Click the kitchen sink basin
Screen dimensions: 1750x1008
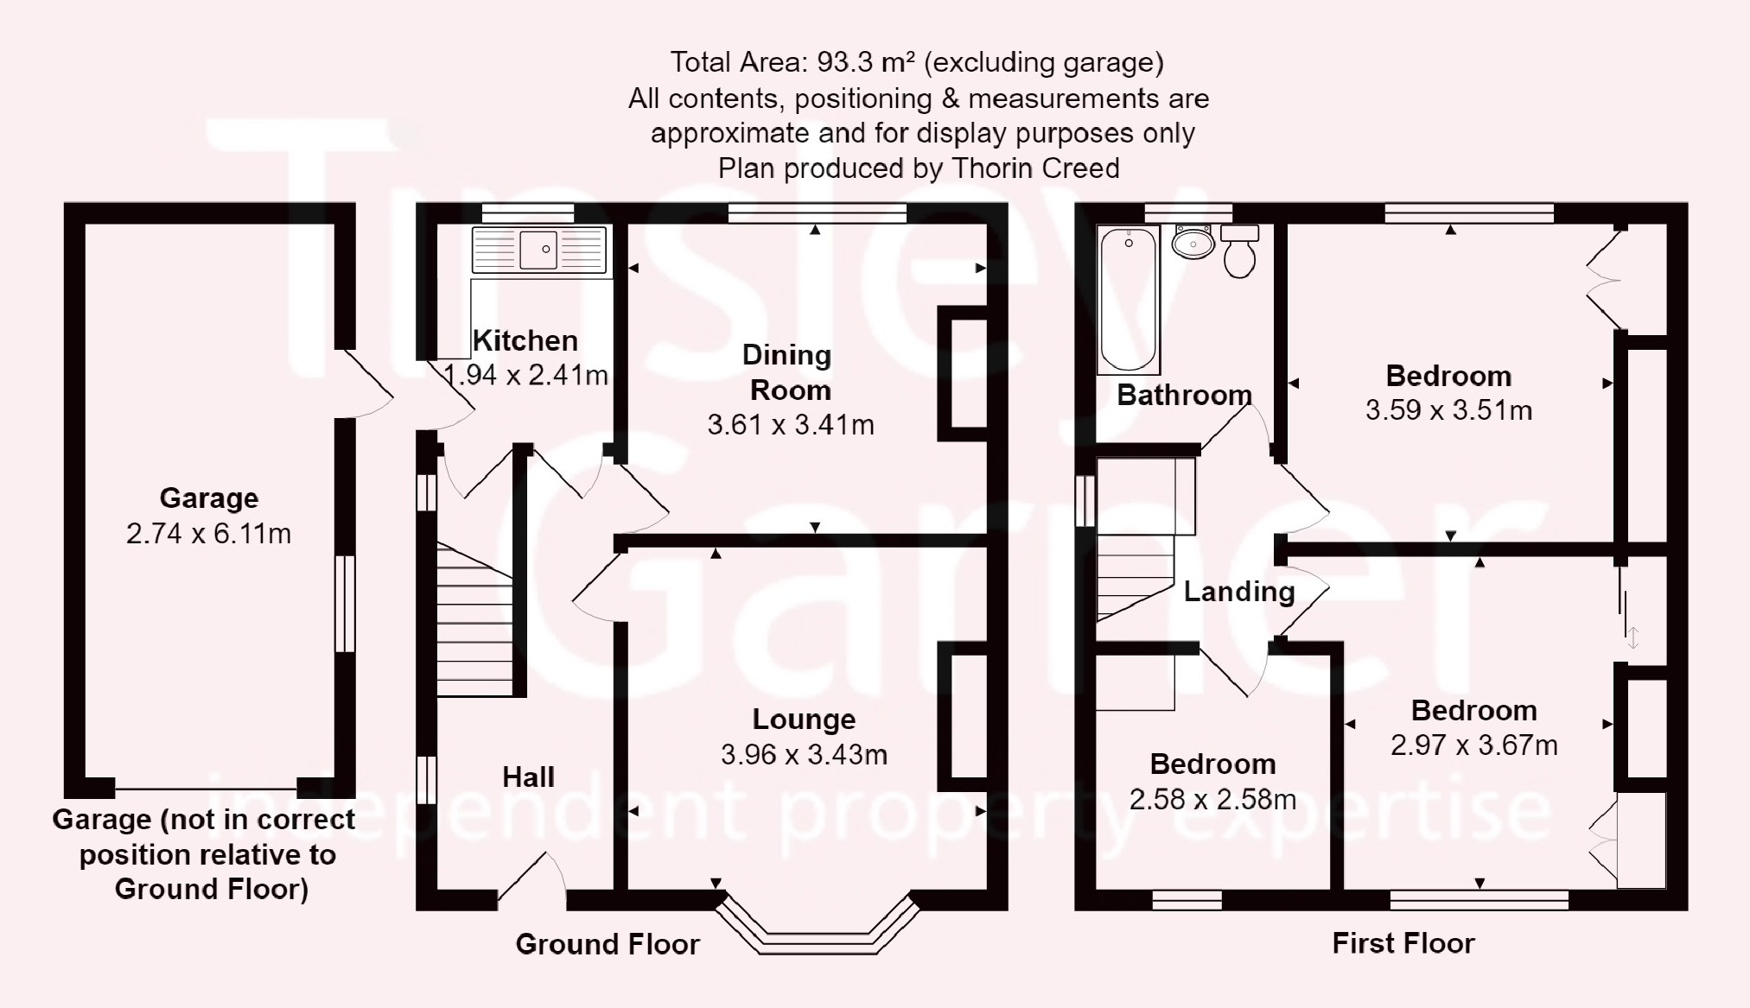click(x=538, y=250)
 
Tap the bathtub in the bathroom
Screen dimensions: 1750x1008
click(x=1128, y=300)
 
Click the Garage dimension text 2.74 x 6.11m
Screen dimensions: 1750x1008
click(x=208, y=534)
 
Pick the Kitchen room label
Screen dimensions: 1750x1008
click(x=525, y=340)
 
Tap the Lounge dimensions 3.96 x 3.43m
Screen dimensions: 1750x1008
click(x=804, y=755)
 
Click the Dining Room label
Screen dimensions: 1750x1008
click(x=788, y=372)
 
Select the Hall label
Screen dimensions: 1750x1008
click(x=528, y=777)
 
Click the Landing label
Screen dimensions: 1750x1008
click(x=1239, y=592)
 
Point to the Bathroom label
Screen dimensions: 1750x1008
click(x=1185, y=396)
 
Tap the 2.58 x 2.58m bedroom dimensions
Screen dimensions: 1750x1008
click(x=1212, y=800)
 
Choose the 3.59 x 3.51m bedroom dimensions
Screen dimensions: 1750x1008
click(x=1448, y=410)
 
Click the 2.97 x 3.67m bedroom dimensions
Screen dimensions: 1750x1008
click(x=1473, y=745)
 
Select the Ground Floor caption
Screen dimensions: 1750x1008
click(x=608, y=944)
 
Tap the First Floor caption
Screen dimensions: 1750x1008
click(x=1403, y=943)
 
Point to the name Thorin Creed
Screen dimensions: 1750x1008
click(x=1035, y=168)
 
